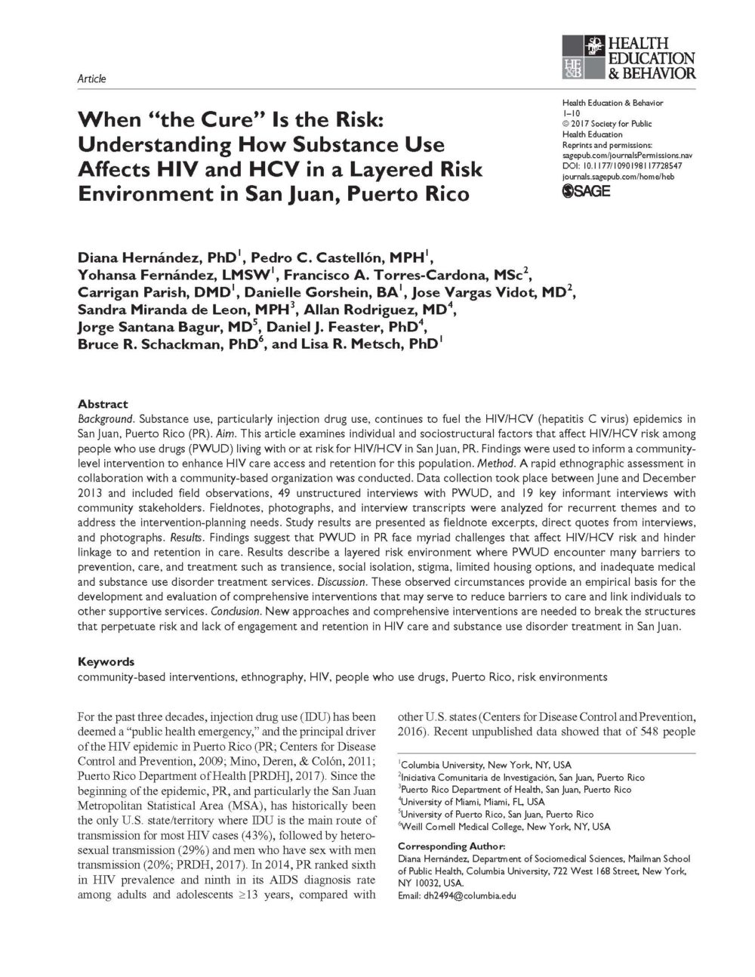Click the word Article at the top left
[92, 79]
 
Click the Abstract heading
[103, 404]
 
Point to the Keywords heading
[106, 661]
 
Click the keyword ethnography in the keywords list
[272, 677]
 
